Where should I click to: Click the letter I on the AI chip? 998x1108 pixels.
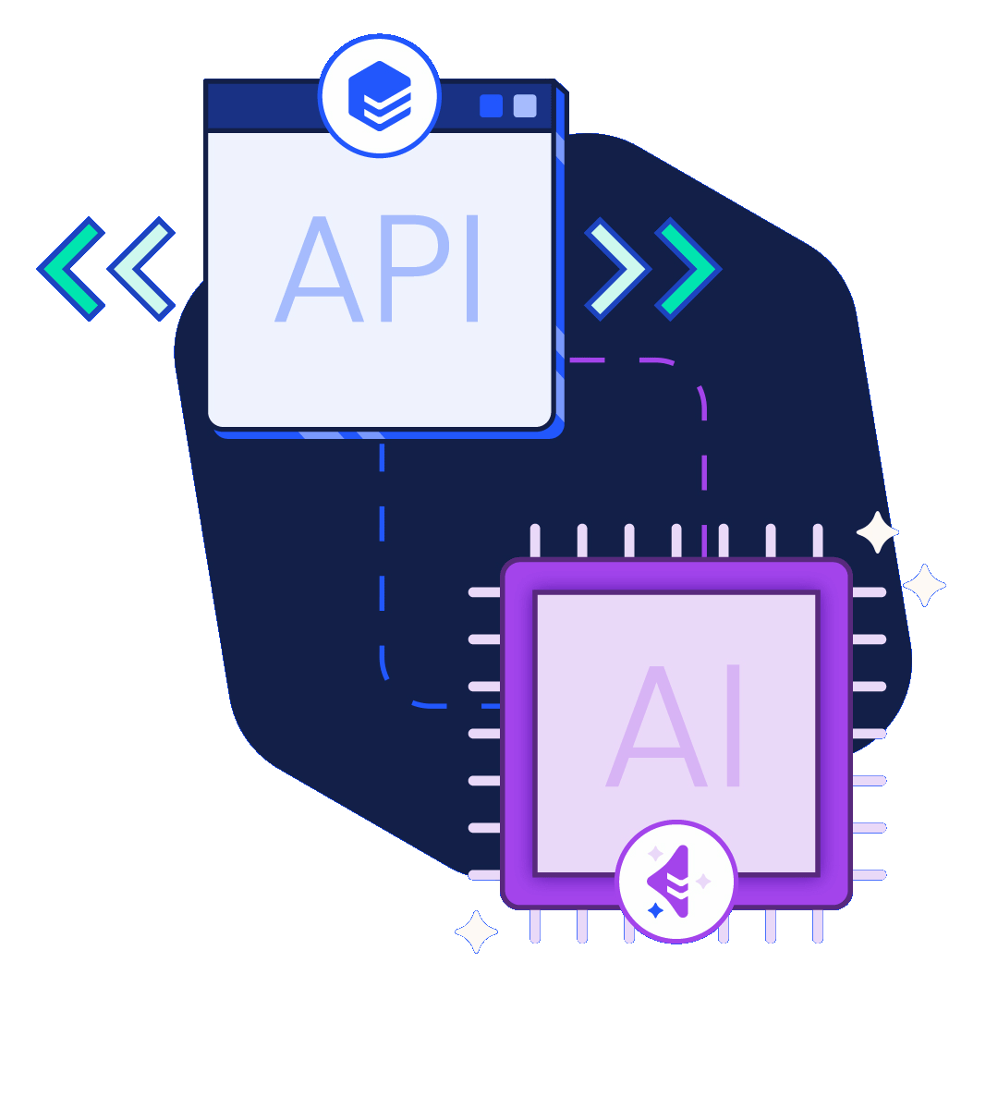pyautogui.click(x=734, y=726)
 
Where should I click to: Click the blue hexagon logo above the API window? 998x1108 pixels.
pyautogui.click(x=380, y=96)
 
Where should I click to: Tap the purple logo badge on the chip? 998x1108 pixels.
pyautogui.click(x=676, y=882)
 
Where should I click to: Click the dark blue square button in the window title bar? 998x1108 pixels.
pyautogui.click(x=491, y=106)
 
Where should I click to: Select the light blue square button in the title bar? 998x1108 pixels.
pyautogui.click(x=525, y=106)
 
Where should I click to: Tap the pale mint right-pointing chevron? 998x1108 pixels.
pyautogui.click(x=617, y=269)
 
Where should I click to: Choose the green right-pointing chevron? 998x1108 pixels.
pyautogui.click(x=688, y=269)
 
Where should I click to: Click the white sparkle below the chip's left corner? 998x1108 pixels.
pyautogui.click(x=477, y=931)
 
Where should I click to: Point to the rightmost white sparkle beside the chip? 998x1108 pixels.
pyautogui.click(x=924, y=585)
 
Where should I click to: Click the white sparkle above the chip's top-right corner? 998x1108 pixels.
pyautogui.click(x=877, y=532)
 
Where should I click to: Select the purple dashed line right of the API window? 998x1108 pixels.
pyautogui.click(x=702, y=444)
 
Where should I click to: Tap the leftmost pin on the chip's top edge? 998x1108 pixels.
pyautogui.click(x=535, y=541)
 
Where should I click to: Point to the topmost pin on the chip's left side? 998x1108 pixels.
pyautogui.click(x=485, y=592)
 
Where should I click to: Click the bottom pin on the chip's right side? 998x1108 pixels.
pyautogui.click(x=869, y=874)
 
